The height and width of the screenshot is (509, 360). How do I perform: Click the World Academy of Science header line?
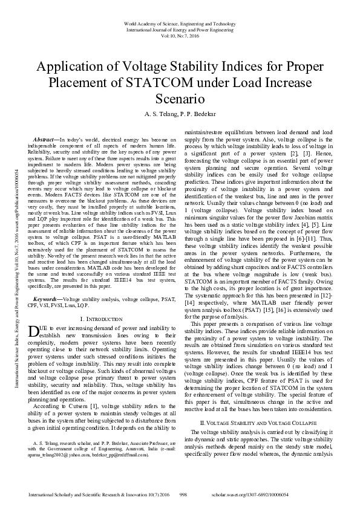[x=180, y=22]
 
